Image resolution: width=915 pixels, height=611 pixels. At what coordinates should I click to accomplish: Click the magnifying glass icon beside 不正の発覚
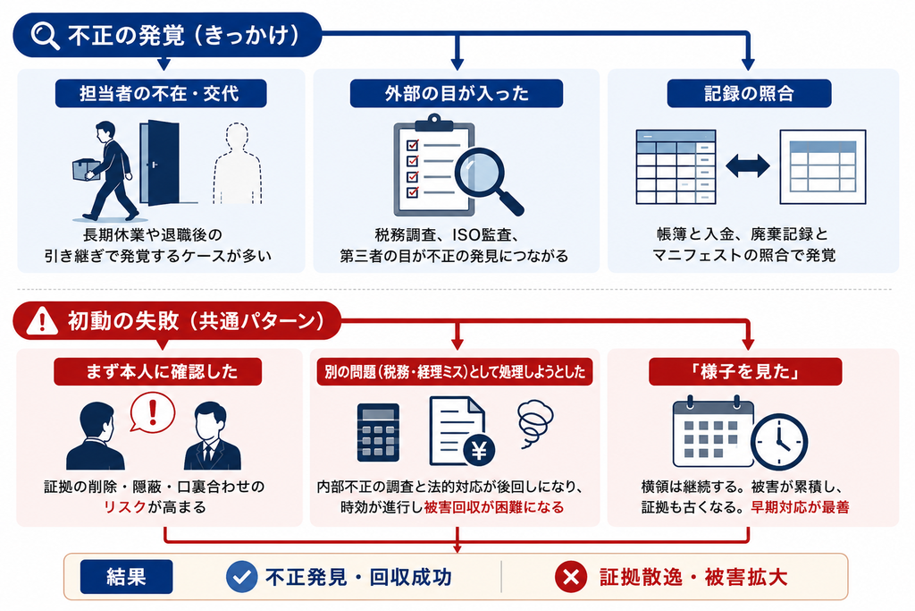coord(45,36)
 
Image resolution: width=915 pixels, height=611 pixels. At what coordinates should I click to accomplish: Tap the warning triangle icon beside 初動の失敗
coord(42,320)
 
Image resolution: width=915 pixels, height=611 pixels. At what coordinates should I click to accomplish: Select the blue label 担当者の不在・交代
coord(161,93)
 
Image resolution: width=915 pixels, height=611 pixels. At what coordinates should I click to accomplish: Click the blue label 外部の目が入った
coord(457,93)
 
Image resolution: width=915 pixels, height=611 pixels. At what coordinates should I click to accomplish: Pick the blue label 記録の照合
coord(749,93)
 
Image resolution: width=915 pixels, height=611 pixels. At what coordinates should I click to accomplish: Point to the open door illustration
coord(159,163)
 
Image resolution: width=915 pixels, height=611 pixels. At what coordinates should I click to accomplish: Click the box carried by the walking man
coord(85,169)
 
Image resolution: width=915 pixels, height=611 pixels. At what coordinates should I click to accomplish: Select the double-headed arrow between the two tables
coord(748,165)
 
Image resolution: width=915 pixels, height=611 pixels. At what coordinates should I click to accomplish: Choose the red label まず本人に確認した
coord(157,371)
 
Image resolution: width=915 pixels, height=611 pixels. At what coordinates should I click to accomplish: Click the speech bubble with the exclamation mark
coord(152,412)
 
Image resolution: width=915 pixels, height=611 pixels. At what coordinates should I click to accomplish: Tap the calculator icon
coord(378,432)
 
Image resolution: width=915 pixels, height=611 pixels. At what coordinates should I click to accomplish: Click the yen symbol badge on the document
coord(479,450)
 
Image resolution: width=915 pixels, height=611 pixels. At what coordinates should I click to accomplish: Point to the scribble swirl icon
coord(534,421)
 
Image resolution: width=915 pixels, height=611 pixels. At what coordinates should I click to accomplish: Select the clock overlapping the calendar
coord(779,442)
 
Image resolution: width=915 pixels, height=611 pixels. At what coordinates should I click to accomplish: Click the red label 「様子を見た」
coord(745,371)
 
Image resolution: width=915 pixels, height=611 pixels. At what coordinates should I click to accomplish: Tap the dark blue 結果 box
coord(127,576)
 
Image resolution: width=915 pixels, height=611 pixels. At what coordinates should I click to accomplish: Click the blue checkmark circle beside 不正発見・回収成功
coord(241,577)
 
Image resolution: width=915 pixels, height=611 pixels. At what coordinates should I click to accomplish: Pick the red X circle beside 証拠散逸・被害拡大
coord(571,577)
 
